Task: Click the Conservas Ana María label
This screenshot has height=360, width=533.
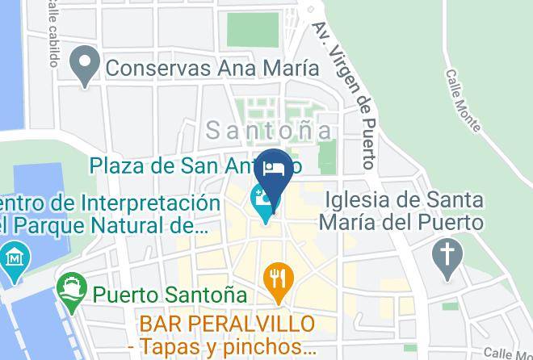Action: tap(212, 68)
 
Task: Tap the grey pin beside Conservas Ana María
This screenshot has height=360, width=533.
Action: tap(85, 65)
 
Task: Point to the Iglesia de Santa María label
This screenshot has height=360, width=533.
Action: tap(404, 210)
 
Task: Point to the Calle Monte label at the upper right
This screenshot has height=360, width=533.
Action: tap(463, 100)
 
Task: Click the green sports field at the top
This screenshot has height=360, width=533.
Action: tap(252, 29)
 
